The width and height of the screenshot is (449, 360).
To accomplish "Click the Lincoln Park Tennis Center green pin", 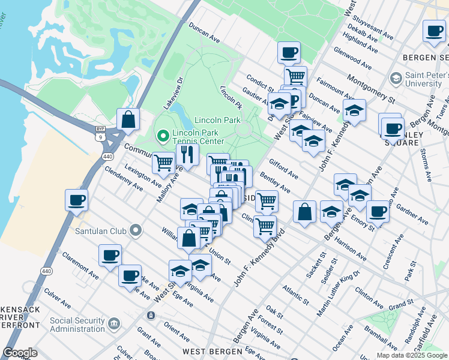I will click(161, 137).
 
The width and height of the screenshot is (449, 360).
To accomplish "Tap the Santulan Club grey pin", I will click(136, 230).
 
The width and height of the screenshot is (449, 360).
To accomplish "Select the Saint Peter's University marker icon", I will click(396, 79).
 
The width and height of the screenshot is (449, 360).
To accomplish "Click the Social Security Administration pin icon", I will click(114, 325).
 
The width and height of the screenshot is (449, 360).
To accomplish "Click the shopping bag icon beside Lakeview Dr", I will click(128, 119).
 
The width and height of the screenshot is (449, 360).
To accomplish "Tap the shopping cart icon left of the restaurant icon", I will click(163, 162).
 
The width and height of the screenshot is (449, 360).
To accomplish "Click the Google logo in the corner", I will click(20, 353).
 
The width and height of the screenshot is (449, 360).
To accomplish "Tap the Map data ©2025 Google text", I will click(411, 355).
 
